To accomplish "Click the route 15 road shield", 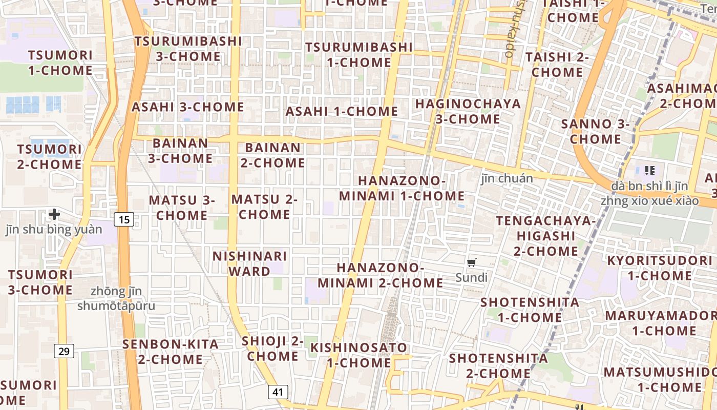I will pyautogui.click(x=124, y=220).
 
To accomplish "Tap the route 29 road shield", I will pyautogui.click(x=64, y=351).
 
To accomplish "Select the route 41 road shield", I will pyautogui.click(x=278, y=392).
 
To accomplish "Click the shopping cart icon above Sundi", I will pyautogui.click(x=472, y=263).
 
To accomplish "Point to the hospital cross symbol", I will pyautogui.click(x=54, y=214).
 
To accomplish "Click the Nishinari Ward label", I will pyautogui.click(x=249, y=263).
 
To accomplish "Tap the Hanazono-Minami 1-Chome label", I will pyautogui.click(x=402, y=189).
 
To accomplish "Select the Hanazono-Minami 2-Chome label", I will pyautogui.click(x=380, y=275).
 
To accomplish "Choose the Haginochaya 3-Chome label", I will pyautogui.click(x=468, y=111).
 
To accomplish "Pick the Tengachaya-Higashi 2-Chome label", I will pyautogui.click(x=546, y=236).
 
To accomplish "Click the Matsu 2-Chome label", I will pyautogui.click(x=264, y=207).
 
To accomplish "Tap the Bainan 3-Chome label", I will pyautogui.click(x=180, y=151).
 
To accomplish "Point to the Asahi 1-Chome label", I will pyautogui.click(x=342, y=111).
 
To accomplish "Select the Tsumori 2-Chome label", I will pyautogui.click(x=49, y=157).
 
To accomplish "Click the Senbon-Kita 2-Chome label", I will pyautogui.click(x=170, y=352).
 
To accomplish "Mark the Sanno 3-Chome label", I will pyautogui.click(x=595, y=131).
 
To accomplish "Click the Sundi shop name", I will pyautogui.click(x=472, y=278).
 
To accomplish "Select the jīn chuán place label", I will pyautogui.click(x=507, y=178).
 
